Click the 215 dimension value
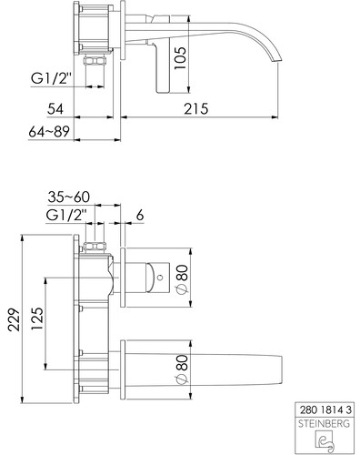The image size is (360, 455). [196, 109]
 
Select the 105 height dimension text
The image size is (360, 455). [180, 58]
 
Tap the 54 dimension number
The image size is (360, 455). [55, 109]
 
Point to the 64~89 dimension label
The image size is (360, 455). [49, 132]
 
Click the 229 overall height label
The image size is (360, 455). [14, 320]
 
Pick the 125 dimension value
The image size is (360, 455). [37, 319]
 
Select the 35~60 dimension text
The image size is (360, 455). [69, 197]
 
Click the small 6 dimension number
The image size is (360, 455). [140, 216]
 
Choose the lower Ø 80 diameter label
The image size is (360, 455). [182, 369]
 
